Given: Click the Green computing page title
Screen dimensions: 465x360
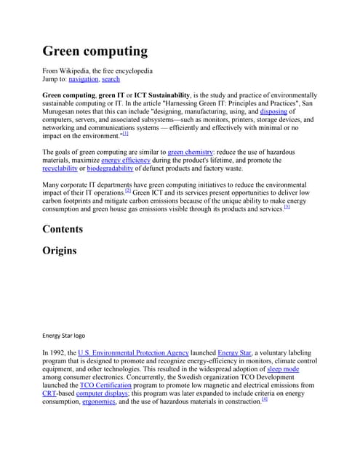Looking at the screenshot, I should tap(95, 52).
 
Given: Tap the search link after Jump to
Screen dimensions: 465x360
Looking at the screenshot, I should tap(111, 78).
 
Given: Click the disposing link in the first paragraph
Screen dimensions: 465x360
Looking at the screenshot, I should tap(273, 111).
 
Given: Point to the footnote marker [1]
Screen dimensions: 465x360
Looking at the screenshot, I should tap(126, 134).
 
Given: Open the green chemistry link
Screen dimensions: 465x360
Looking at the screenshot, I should tap(190, 151).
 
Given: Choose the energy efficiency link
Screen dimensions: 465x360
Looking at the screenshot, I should tap(126, 160).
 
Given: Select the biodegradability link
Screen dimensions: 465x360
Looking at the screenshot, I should tap(111, 169).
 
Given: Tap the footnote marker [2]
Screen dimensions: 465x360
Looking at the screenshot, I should tap(127, 191).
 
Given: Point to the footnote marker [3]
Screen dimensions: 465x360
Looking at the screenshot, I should tap(287, 207).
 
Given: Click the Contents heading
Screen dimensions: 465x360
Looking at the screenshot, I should tap(63, 229).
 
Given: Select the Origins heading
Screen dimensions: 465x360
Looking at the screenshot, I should tap(60, 251).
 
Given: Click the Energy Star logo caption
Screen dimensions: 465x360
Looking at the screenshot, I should tap(64, 336).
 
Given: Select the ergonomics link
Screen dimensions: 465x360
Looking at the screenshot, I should tap(98, 402).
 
